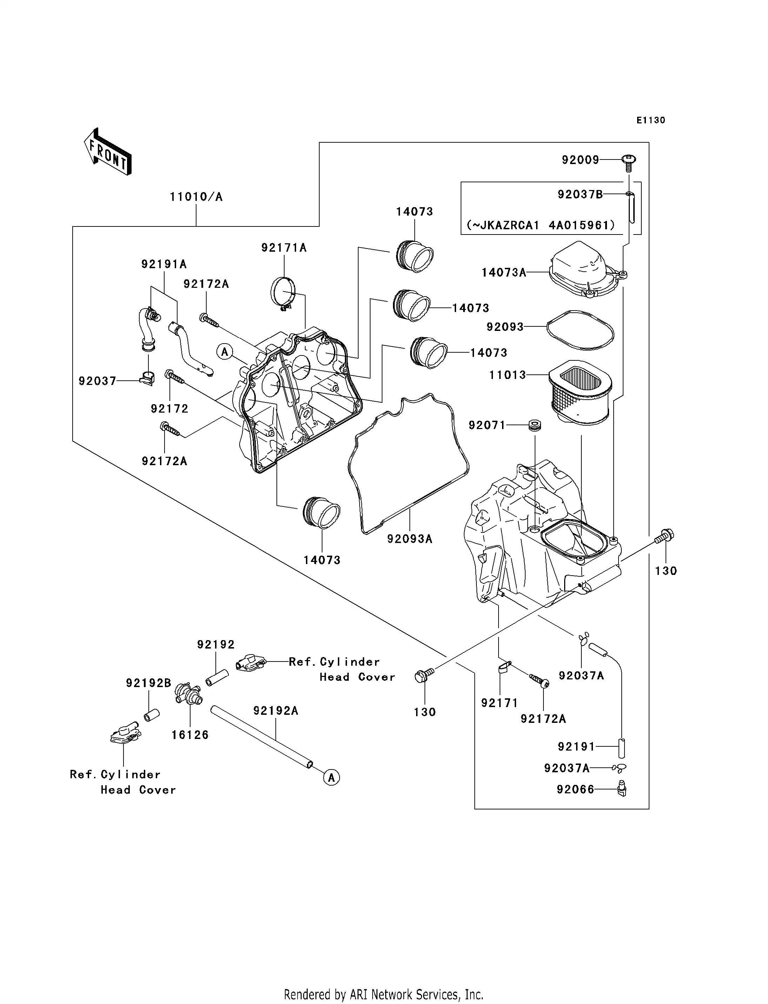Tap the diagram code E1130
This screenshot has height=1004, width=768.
650,120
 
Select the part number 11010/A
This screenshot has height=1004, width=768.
196,197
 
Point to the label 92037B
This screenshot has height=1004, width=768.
580,195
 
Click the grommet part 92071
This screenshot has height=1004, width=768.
535,425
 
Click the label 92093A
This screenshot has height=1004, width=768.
409,539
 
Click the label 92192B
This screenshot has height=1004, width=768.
148,683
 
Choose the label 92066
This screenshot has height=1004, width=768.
575,789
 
